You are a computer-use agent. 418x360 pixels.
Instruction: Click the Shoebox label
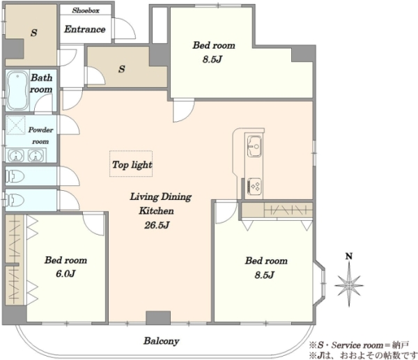tap(86, 10)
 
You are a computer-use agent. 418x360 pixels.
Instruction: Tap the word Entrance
tap(85, 29)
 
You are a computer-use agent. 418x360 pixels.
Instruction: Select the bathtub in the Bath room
tap(17, 91)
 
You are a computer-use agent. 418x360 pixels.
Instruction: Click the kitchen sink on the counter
tap(254, 146)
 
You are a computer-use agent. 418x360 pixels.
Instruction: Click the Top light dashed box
tap(131, 164)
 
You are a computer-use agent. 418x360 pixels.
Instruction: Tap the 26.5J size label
tap(157, 226)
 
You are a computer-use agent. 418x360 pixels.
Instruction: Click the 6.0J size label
tap(65, 274)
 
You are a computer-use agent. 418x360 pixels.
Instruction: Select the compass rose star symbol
tap(349, 285)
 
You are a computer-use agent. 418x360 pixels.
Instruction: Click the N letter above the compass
tap(349, 256)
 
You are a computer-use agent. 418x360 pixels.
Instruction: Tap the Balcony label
tap(162, 341)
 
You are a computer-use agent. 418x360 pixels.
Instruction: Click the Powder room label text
tap(40, 135)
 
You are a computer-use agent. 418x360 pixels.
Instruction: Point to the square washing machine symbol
tap(16, 125)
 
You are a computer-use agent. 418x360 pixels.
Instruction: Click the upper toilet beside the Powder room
tap(15, 176)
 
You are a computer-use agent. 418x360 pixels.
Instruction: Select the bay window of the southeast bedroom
tap(320, 283)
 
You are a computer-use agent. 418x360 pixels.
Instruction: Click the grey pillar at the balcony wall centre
tap(158, 318)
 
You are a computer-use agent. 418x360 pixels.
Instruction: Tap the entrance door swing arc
tap(125, 29)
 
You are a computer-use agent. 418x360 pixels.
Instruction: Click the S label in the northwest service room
tap(33, 33)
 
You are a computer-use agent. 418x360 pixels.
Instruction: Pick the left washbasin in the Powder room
tap(16, 155)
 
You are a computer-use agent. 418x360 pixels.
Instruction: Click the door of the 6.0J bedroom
tap(93, 224)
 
